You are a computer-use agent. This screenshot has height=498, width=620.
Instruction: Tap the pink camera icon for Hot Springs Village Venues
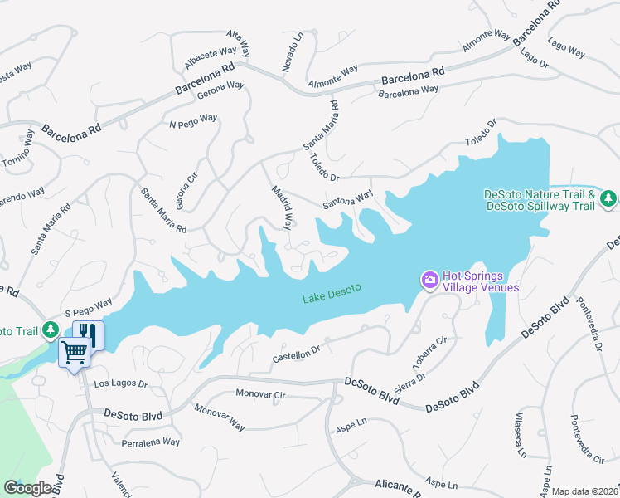(x=430, y=281)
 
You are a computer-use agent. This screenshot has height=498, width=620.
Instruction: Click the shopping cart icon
(x=74, y=353)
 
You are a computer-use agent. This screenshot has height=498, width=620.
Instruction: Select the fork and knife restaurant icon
(x=88, y=334)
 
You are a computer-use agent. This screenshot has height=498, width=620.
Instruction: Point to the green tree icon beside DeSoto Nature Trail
(x=609, y=198)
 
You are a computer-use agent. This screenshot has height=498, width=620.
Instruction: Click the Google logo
(x=27, y=488)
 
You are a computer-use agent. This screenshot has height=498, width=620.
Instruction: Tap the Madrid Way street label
(x=283, y=207)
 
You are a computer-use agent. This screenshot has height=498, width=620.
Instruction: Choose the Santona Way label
(x=348, y=200)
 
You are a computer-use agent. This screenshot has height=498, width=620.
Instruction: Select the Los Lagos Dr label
(x=120, y=384)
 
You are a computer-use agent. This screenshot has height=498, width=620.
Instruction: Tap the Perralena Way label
(x=148, y=442)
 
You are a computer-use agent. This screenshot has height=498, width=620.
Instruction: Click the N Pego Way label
(x=192, y=121)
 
